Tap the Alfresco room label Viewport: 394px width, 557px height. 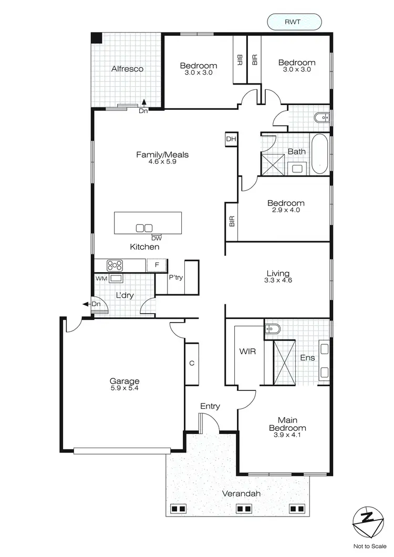click(127, 69)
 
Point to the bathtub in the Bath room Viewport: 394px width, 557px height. click(319, 155)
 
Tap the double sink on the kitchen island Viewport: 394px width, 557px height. click(144, 228)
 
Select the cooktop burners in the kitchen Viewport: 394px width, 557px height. click(115, 265)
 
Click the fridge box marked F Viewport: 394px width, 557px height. click(156, 265)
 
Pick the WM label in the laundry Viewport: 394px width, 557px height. click(101, 278)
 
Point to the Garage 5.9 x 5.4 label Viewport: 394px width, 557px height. click(124, 384)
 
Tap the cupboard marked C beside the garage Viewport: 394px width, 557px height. click(192, 363)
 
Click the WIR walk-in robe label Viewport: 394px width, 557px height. click(247, 351)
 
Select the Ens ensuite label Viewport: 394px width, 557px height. click(307, 358)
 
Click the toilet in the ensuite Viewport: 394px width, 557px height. click(272, 329)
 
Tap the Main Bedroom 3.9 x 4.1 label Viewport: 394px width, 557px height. click(284, 424)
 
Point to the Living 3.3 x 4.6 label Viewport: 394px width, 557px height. click(278, 276)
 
